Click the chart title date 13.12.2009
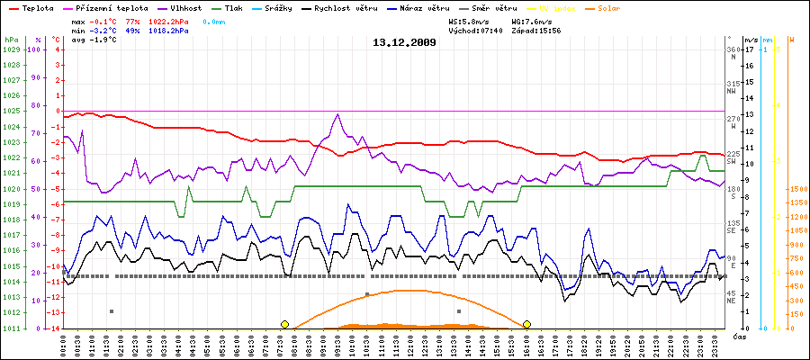[x=404, y=42]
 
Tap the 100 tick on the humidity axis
[x=35, y=49]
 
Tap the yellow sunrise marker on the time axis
[x=284, y=324]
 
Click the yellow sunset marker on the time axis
[x=526, y=324]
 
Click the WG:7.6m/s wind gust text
[x=537, y=20]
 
